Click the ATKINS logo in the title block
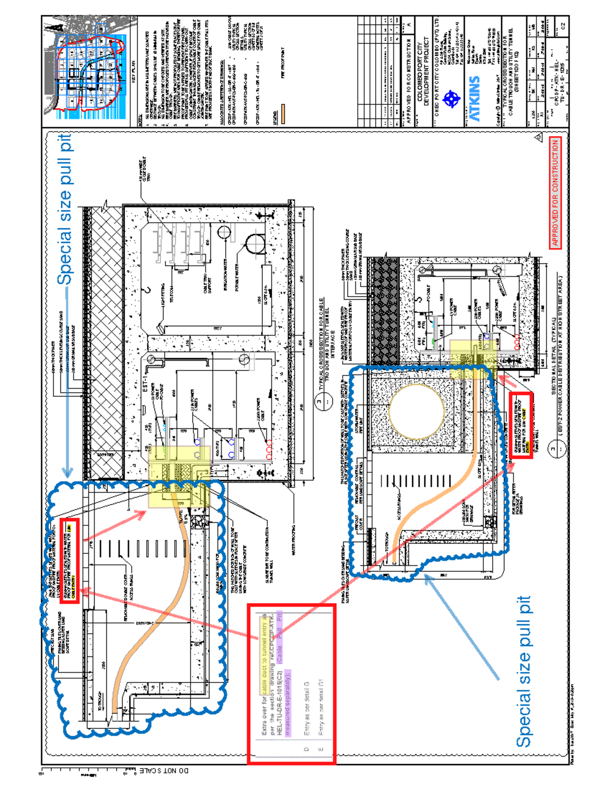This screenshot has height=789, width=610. click(x=474, y=99)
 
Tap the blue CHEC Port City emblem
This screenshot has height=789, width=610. click(x=451, y=99)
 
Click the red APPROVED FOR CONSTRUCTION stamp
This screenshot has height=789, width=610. click(x=555, y=193)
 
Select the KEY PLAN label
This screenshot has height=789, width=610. click(x=134, y=71)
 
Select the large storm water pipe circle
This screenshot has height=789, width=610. click(x=417, y=412)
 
